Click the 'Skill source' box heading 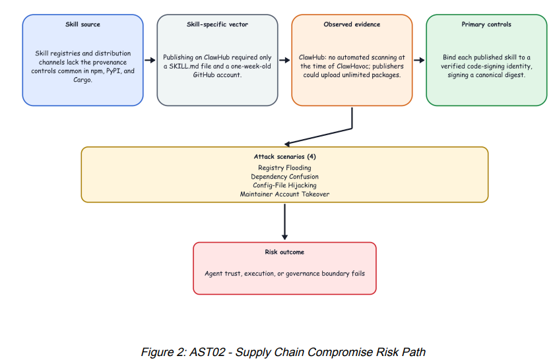(x=82, y=24)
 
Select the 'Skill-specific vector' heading (x=217, y=24)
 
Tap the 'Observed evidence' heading (x=352, y=24)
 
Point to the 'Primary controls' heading (x=486, y=24)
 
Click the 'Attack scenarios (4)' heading (x=284, y=157)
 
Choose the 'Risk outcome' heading (x=284, y=252)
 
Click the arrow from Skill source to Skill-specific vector (x=150, y=60)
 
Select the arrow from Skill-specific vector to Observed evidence (x=284, y=60)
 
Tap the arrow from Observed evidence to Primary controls (x=419, y=60)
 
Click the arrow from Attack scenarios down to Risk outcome (x=284, y=222)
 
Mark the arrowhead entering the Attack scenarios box (x=288, y=144)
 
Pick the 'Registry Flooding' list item (x=284, y=167)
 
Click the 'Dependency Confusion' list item (x=284, y=177)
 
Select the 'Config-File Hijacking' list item (x=284, y=185)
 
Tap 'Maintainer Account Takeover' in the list (x=284, y=194)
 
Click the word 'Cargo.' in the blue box (x=83, y=80)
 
